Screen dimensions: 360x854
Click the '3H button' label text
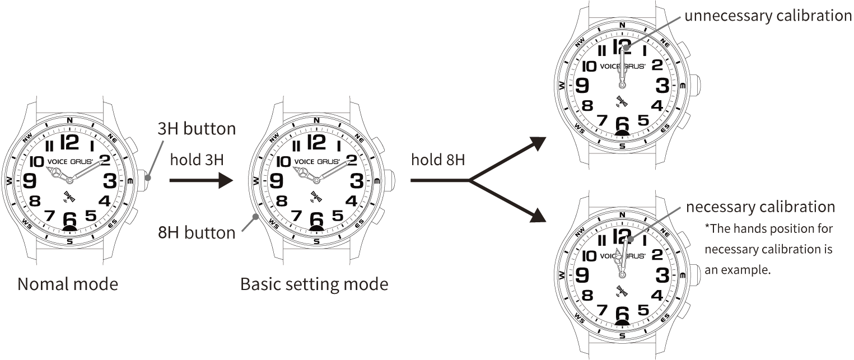click(x=196, y=129)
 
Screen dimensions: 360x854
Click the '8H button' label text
click(x=196, y=232)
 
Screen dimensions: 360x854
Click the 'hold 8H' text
click(x=438, y=160)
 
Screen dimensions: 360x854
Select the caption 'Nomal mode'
click(x=68, y=284)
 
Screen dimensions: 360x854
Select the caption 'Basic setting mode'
click(x=314, y=284)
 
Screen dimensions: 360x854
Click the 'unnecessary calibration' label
click(x=768, y=16)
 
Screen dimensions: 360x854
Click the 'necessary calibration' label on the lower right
click(x=760, y=207)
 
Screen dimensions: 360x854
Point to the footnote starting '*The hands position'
click(x=769, y=249)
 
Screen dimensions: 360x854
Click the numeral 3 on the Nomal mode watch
click(x=110, y=180)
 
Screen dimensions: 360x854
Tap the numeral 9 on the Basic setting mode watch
click(x=276, y=180)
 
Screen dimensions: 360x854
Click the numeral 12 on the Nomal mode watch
click(x=69, y=142)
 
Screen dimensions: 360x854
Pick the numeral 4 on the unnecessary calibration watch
click(x=657, y=105)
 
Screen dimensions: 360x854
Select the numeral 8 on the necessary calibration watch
click(x=587, y=295)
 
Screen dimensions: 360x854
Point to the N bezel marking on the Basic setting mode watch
click(x=316, y=120)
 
